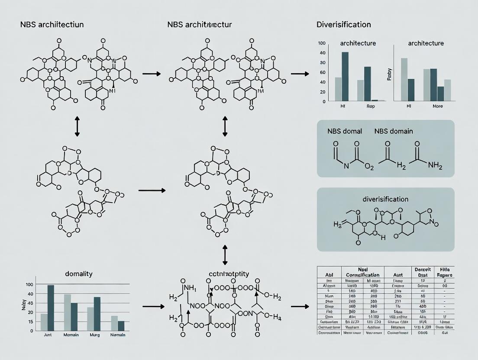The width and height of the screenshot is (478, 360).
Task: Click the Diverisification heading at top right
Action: pos(344,25)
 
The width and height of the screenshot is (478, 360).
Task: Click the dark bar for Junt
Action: pos(51,308)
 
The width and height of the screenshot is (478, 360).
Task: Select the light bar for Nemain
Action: pos(114,323)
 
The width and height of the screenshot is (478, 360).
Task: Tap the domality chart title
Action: pos(79,274)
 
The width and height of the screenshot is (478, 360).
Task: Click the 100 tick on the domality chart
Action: pos(29,285)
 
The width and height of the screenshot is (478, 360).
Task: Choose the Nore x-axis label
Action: pos(438,106)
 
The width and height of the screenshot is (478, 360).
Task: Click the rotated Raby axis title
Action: pos(389,74)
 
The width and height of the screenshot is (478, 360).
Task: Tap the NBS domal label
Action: pos(345,131)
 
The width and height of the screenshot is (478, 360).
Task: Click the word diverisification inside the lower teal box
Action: pos(385,199)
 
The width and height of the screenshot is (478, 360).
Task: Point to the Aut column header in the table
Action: pos(397,274)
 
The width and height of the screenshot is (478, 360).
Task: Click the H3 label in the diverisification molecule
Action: pos(338,224)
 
